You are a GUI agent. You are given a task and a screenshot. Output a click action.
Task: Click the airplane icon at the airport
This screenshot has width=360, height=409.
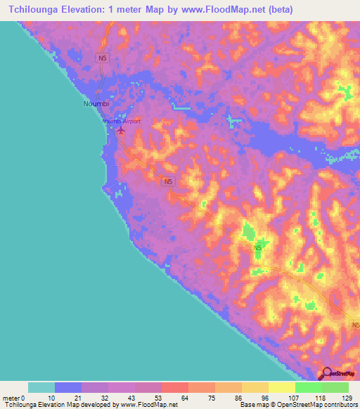tap(121, 130)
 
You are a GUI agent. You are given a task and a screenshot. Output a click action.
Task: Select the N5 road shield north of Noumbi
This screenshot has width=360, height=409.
tap(103, 60)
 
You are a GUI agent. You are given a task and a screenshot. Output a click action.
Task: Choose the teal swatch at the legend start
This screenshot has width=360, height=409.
tap(41, 387)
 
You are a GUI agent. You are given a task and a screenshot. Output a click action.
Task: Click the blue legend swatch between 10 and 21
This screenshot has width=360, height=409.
tap(68, 387)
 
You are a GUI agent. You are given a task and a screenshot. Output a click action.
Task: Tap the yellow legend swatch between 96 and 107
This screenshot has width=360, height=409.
tap(282, 387)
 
